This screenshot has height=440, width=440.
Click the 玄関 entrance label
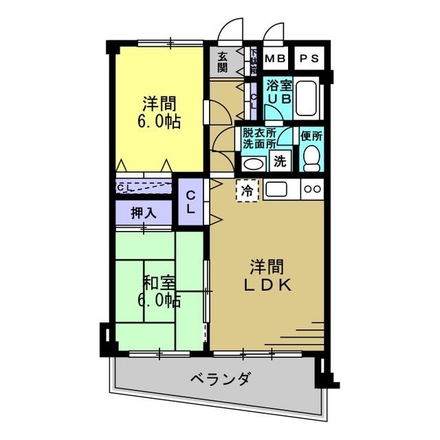[223, 62]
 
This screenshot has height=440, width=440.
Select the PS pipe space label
[309, 58]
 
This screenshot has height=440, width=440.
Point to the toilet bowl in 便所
[313, 158]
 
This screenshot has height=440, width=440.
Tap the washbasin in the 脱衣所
[253, 164]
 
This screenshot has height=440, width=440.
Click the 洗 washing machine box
[280, 162]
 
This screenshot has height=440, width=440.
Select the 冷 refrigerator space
[247, 190]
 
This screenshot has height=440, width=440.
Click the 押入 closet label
[143, 213]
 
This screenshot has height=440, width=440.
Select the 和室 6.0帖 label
[159, 291]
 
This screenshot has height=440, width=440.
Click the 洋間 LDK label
[267, 275]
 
